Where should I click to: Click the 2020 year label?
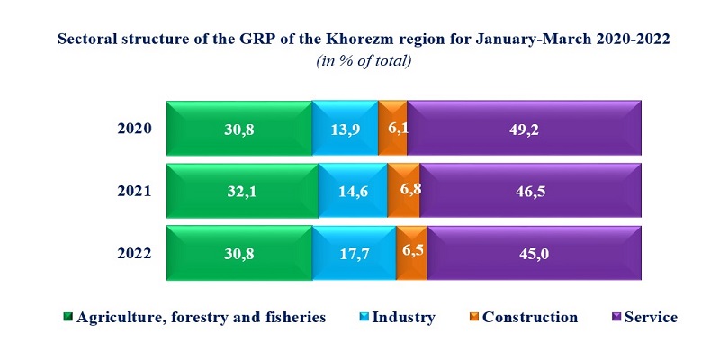(136, 129)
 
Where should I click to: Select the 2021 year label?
(136, 191)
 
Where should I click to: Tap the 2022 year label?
(136, 254)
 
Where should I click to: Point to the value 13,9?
(346, 130)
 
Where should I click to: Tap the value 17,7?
(354, 255)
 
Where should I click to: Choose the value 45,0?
(534, 255)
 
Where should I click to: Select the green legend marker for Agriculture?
(68, 318)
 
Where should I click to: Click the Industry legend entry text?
(403, 317)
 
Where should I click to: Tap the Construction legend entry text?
(529, 317)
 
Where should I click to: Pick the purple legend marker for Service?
(616, 318)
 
